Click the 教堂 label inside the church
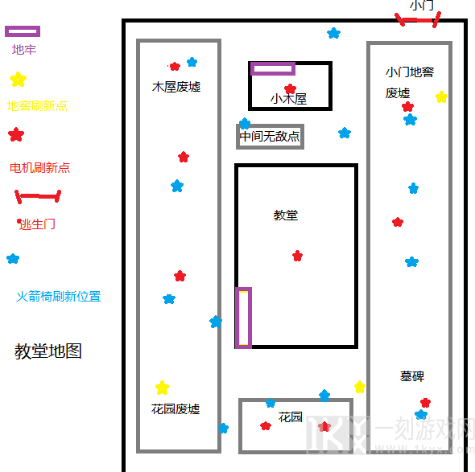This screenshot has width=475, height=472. [x=285, y=215]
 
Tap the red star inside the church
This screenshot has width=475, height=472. [x=298, y=256]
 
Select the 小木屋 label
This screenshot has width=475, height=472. [x=288, y=99]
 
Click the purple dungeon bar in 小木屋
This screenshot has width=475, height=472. [x=273, y=68]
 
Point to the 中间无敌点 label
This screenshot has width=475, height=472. [x=270, y=136]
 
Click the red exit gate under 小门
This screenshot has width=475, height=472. [x=418, y=20]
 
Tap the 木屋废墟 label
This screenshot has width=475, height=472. [x=176, y=87]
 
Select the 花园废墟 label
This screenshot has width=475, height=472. [x=176, y=409]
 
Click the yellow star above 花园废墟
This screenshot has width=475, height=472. [x=162, y=388]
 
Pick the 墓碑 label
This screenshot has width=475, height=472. [x=412, y=376]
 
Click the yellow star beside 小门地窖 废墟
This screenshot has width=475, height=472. [x=441, y=96]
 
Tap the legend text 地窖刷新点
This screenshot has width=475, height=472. [x=37, y=106]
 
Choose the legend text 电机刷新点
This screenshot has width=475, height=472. [x=39, y=167]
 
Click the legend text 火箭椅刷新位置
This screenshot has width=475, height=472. [x=59, y=296]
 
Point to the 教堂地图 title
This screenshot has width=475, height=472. [x=48, y=351]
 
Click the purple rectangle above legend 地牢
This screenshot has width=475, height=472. [x=23, y=31]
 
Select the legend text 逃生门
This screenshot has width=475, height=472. [x=36, y=224]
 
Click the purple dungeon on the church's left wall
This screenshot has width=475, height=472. [x=244, y=318]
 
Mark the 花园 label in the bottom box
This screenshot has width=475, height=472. [x=290, y=417]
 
